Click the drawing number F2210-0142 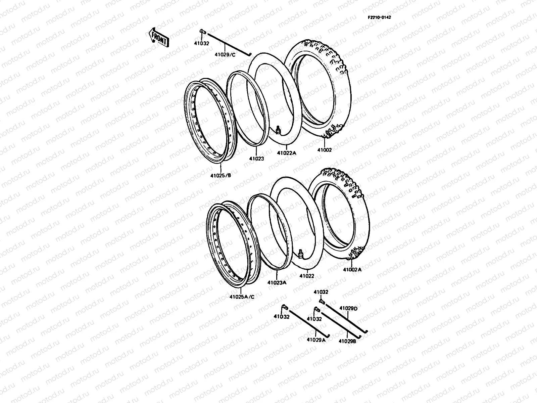tap(379, 17)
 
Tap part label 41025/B tap(221, 175)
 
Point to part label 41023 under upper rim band tap(256, 159)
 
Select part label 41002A tap(352, 269)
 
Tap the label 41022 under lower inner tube tap(307, 276)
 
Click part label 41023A tap(277, 282)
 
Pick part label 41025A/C tap(242, 297)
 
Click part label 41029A tap(316, 340)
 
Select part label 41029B tap(347, 341)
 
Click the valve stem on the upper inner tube tap(278, 129)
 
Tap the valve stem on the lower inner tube tap(301, 253)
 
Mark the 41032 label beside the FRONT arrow tap(201, 43)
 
